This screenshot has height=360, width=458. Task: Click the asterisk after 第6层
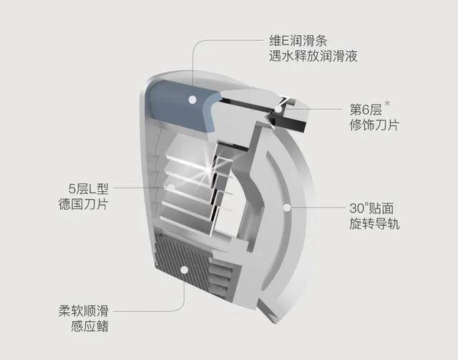[x=387, y=104]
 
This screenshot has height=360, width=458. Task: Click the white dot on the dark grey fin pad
[x=185, y=270]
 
